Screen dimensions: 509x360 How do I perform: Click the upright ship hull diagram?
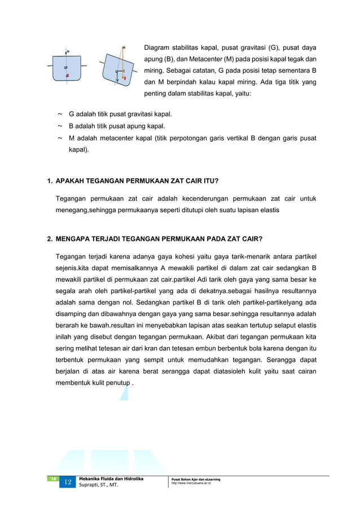pyautogui.click(x=67, y=68)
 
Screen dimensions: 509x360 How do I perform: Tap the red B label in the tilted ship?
pyautogui.click(x=124, y=78)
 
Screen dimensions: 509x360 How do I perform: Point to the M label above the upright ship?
pyautogui.click(x=68, y=51)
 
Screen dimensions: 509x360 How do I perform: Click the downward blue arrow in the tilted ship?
pyautogui.click(x=117, y=77)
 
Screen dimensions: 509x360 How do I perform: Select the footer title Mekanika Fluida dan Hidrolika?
pyautogui.click(x=111, y=479)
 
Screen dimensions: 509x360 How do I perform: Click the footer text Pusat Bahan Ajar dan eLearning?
pyautogui.click(x=195, y=479)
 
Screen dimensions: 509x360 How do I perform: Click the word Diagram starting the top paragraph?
pyautogui.click(x=157, y=47)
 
